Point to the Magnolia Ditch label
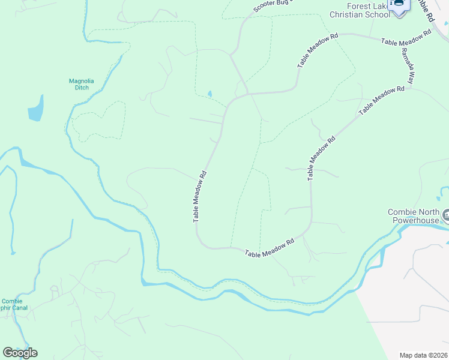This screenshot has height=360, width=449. coord(79,84)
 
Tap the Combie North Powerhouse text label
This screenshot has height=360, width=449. coord(414,216)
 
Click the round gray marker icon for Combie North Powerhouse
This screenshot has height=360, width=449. coord(445,214)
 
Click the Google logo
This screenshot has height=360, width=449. coord(20,352)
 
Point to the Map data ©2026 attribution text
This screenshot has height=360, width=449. coord(423,355)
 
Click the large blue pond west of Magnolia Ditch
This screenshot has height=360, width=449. coord(35,109)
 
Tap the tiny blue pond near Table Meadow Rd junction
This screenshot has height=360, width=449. coord(209,94)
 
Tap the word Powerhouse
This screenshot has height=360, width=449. coord(417,220)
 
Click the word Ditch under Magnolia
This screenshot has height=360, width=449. coord(79,88)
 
